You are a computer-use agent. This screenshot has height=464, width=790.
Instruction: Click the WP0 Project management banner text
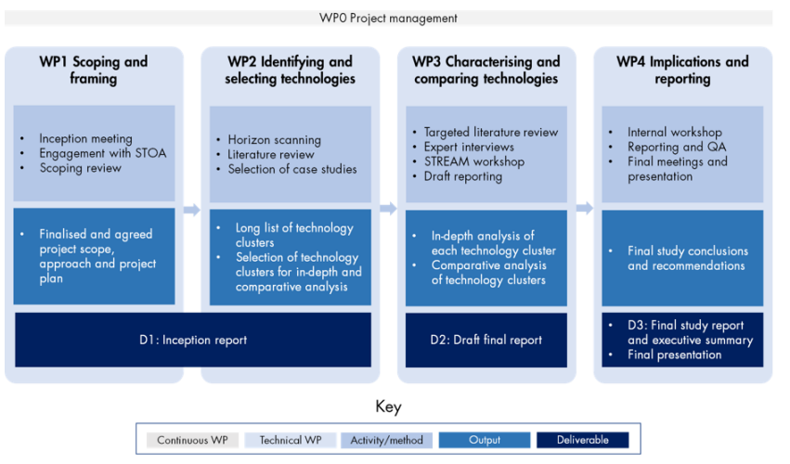pos(388,18)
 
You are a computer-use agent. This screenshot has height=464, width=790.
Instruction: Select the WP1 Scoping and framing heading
pos(94,71)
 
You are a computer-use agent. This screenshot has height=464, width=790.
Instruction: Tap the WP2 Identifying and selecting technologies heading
pos(290,71)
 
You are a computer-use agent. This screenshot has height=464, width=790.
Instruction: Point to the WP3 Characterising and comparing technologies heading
pos(486,71)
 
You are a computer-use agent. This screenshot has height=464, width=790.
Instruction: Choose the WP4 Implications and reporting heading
pos(682,71)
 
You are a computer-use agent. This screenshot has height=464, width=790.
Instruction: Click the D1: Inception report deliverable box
pos(193,340)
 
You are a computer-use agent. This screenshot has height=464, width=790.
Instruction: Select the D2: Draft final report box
pos(486,340)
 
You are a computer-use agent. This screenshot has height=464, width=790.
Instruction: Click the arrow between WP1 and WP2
pos(191,210)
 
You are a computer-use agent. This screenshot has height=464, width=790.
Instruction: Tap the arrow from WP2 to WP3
pos(388,210)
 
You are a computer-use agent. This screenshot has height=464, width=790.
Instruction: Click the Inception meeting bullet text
pos(85,139)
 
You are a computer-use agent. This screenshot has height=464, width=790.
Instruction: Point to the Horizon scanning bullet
pos(274,139)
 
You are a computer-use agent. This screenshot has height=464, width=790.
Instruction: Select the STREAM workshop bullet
pos(473,161)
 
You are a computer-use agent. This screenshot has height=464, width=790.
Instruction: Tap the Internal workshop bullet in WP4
pos(674,132)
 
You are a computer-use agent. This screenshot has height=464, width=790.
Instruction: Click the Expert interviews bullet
pos(468,147)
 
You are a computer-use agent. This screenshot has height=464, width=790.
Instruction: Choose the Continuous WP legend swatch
pos(194,440)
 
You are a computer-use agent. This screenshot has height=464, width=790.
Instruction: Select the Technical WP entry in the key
pos(291,440)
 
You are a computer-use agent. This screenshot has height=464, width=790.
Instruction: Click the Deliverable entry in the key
pos(581,440)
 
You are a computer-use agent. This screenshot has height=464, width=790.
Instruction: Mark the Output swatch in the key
pos(485,440)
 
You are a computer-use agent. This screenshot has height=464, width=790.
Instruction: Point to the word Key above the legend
pos(388,407)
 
